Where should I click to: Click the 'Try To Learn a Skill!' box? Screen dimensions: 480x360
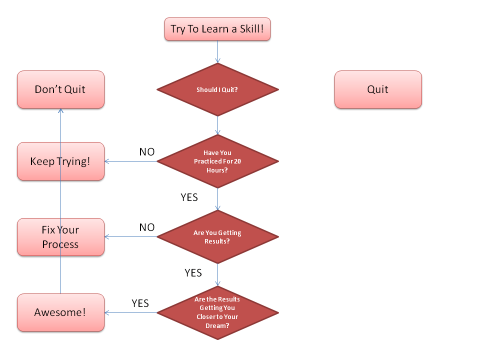pos(217,29)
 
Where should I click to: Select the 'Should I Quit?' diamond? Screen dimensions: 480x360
pos(217,89)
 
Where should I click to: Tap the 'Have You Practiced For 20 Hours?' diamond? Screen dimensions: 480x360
pos(217,161)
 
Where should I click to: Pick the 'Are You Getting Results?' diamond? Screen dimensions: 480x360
pos(217,237)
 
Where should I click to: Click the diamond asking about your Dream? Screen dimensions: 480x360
pos(217,313)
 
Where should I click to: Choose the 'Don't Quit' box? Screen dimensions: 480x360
pos(60,89)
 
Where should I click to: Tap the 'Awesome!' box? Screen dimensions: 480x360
pos(60,312)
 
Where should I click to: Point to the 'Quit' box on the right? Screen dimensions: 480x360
pos(378,89)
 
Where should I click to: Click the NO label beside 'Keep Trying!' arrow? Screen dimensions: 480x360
pos(147,152)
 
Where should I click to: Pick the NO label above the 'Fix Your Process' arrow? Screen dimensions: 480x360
pos(147,227)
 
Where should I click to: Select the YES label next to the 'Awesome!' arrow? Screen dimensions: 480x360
pos(140,303)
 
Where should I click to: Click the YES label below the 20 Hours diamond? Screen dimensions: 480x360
pos(189,197)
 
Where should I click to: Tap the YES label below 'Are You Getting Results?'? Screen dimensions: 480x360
pos(193,273)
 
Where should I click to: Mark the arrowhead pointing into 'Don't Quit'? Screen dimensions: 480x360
pos(60,110)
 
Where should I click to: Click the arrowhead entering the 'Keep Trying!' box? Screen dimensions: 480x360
pos(107,161)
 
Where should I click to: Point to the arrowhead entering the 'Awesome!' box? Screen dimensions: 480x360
pos(107,313)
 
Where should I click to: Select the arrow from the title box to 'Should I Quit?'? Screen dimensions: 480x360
pos(217,51)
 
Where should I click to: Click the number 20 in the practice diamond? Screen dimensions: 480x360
pos(237,161)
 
